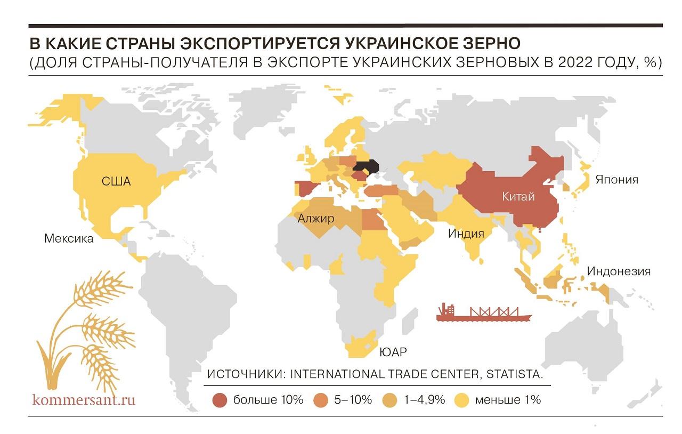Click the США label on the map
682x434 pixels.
click(116, 181)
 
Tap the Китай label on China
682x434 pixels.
click(518, 197)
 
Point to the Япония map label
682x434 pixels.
click(617, 180)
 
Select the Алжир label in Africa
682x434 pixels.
click(316, 218)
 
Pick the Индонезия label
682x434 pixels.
click(619, 271)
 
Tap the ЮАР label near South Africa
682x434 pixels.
click(393, 352)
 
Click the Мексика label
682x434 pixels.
click(69, 238)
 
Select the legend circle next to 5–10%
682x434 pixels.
click(321, 400)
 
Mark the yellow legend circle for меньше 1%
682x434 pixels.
click(462, 400)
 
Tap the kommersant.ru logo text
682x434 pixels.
click(84, 399)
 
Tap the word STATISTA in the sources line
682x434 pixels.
click(513, 374)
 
